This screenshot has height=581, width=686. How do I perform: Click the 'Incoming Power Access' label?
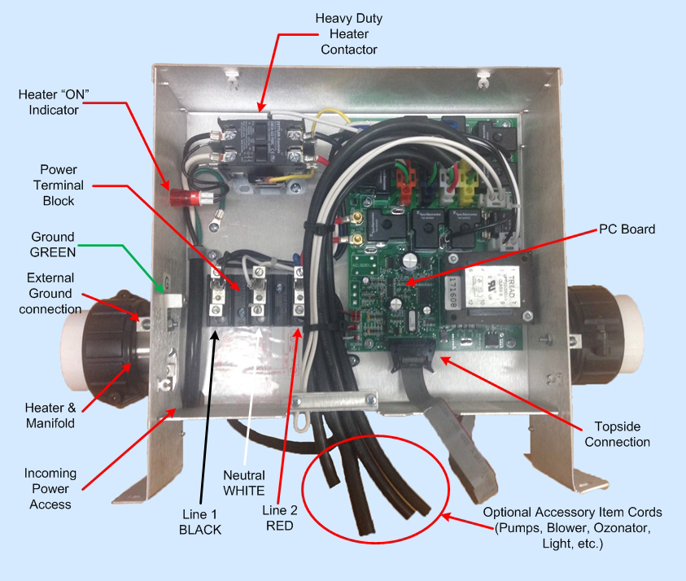click(x=50, y=488)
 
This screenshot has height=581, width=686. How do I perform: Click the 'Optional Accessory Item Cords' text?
click(x=572, y=528)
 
